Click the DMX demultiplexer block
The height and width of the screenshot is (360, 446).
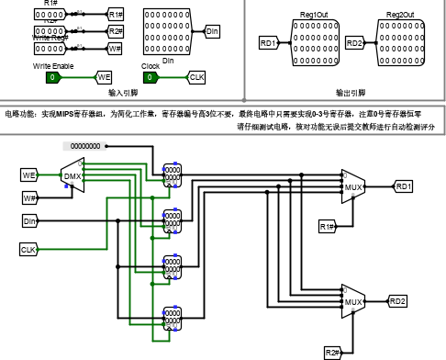tap(72, 175)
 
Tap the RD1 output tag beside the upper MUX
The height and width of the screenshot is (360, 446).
tap(404, 186)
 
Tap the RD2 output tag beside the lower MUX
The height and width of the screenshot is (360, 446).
tap(397, 300)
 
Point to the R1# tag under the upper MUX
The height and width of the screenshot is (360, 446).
tap(327, 226)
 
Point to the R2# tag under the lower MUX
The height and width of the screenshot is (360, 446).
tap(332, 353)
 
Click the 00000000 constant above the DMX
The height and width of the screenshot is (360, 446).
tap(86, 145)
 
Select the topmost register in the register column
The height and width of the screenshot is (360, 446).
tap(172, 174)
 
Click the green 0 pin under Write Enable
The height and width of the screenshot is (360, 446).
tap(53, 77)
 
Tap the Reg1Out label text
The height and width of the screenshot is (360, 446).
tap(314, 16)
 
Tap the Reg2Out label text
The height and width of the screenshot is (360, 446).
tap(399, 16)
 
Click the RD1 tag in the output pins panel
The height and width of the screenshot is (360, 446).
tap(268, 43)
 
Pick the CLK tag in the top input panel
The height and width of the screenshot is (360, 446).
tap(196, 77)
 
